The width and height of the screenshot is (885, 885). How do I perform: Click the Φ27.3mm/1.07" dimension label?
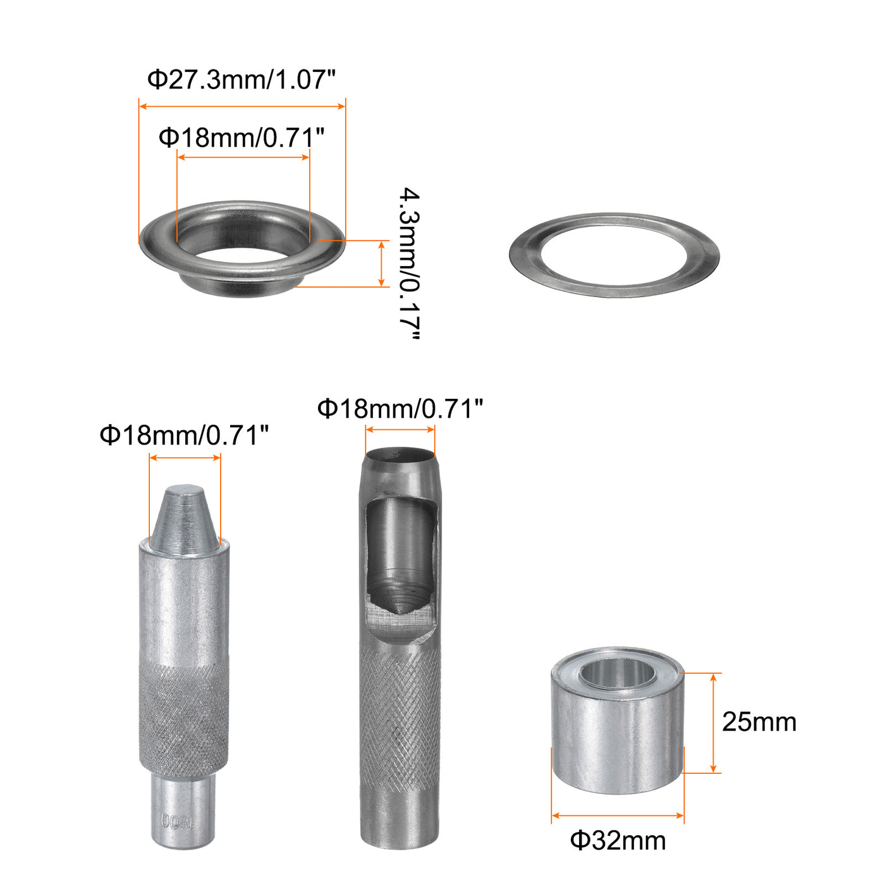241,80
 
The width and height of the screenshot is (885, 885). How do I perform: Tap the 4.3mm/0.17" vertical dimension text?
409,263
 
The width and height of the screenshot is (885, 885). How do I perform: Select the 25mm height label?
759,722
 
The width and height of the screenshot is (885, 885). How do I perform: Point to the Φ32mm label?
618,841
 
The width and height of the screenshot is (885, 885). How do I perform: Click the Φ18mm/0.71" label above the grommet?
241,137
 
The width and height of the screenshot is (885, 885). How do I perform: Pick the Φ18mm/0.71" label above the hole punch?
400,408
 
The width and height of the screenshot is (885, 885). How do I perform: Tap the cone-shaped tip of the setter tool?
185,520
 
